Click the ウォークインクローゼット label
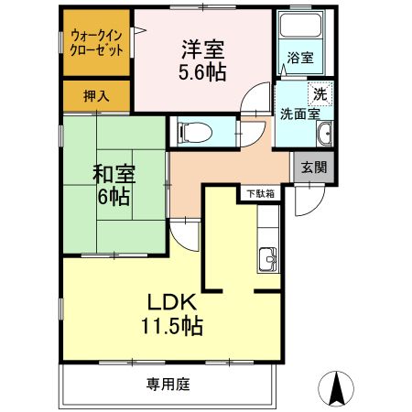click(x=97, y=44)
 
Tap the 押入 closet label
click(x=83, y=94)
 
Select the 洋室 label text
click(x=202, y=48)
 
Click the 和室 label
click(x=113, y=174)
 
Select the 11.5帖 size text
click(x=170, y=325)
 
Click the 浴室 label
click(x=301, y=57)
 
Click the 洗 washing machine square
click(x=320, y=93)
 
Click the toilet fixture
click(x=194, y=132)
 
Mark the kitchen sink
click(x=268, y=261)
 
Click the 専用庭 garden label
click(x=168, y=385)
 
